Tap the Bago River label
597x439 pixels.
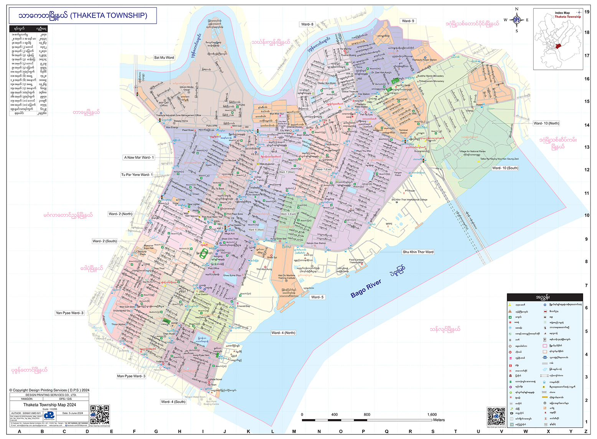point(366,288)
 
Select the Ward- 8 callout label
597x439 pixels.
point(307,24)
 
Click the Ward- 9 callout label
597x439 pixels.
point(408,21)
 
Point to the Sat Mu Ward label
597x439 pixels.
point(164,58)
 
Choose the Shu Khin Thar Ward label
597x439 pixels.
point(418,252)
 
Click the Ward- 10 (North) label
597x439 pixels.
point(546,123)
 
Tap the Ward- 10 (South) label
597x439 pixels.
point(505,168)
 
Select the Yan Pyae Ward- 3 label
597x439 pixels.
point(69,313)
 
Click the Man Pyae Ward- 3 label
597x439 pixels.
point(131,376)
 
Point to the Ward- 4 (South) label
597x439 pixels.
point(173,402)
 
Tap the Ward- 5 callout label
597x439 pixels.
point(317,297)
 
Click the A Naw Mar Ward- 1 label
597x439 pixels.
point(139,158)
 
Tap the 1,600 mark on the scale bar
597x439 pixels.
point(432,414)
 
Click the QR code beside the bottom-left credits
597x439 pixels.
point(100,415)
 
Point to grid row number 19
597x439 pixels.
point(587,12)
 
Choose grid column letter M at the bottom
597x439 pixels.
point(294,432)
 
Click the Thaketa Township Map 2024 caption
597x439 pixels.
point(49,405)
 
